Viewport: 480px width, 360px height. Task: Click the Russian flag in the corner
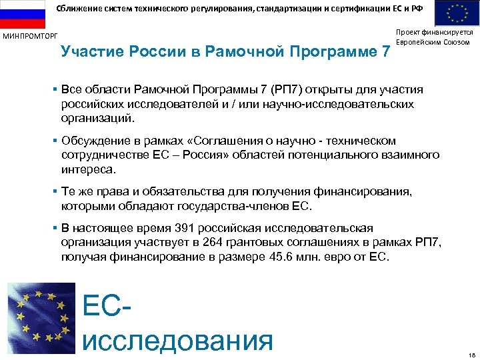click(21, 13)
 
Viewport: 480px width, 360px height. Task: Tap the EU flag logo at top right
click(458, 13)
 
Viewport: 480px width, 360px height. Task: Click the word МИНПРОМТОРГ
click(30, 35)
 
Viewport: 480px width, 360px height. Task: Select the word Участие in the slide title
click(87, 51)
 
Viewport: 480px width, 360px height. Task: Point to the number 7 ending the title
click(385, 51)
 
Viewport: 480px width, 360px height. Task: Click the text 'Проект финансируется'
click(434, 32)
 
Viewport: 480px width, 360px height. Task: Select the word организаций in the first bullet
click(97, 118)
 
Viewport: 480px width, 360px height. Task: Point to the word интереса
click(87, 169)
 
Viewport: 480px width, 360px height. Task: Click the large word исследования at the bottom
click(177, 339)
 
